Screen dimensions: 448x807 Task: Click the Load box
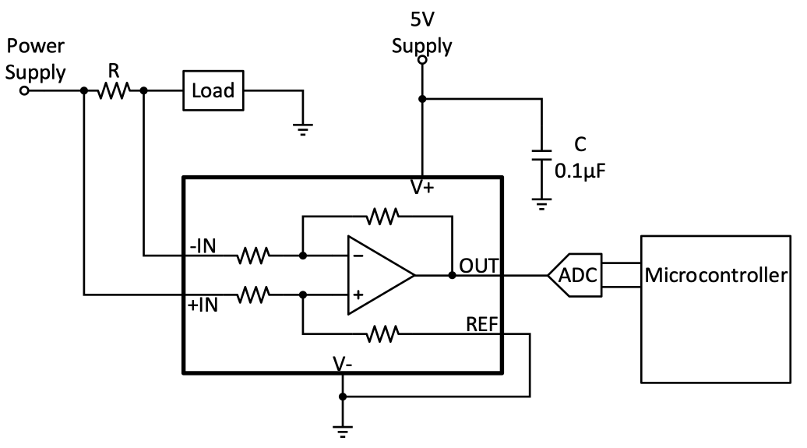[x=213, y=90]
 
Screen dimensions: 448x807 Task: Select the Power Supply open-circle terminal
[x=24, y=90]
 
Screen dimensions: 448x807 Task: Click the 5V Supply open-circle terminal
[x=421, y=60]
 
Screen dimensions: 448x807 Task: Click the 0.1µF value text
[x=578, y=169]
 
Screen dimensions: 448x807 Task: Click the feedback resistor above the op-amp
[x=383, y=214]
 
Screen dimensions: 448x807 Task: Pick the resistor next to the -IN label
[x=255, y=255]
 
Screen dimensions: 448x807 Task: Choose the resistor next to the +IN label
[x=255, y=295]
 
